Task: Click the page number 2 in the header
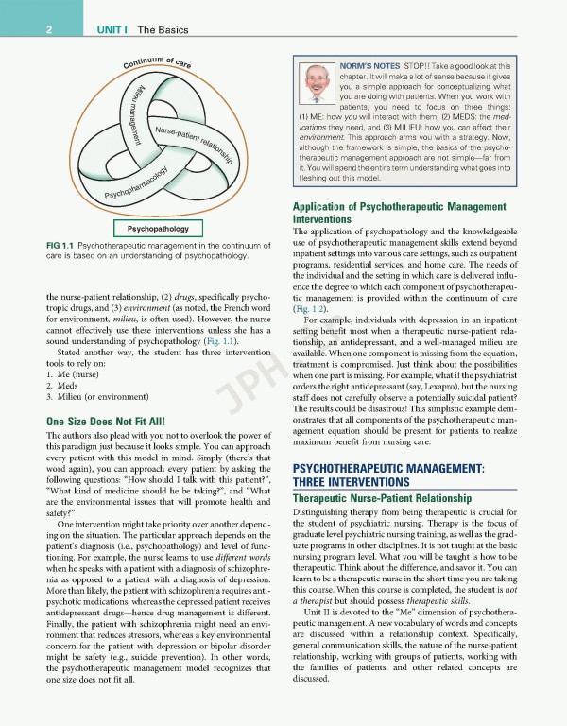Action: (x=46, y=30)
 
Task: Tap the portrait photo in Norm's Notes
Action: (x=316, y=87)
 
